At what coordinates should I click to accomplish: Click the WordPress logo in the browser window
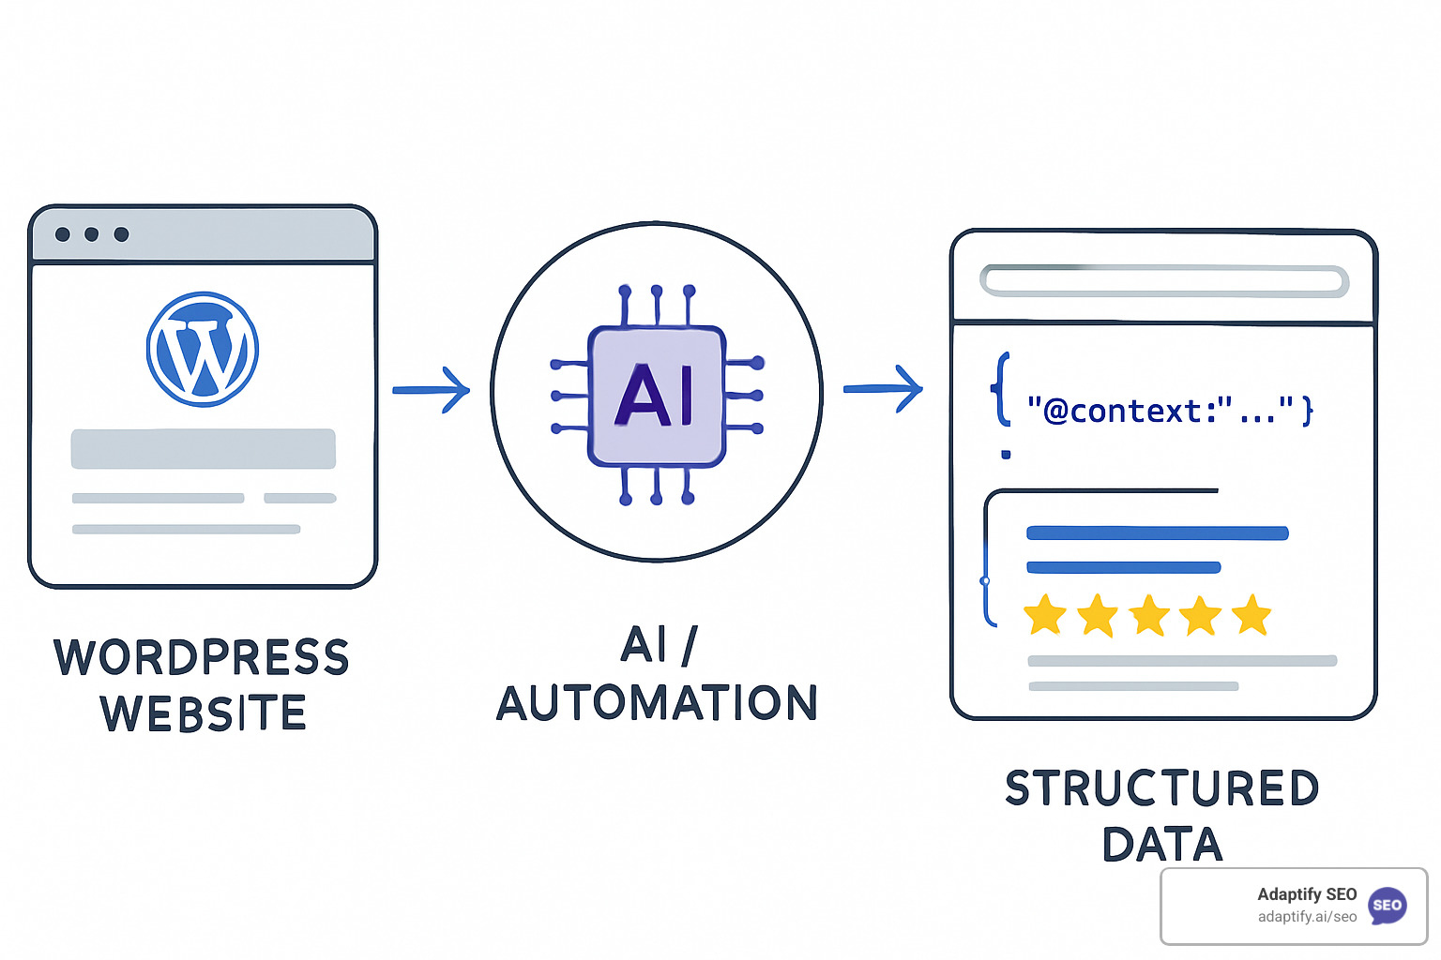tap(203, 349)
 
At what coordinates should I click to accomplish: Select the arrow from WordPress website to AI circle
tap(431, 389)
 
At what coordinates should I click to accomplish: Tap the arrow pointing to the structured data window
tap(883, 388)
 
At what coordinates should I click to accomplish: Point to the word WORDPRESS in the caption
tap(202, 657)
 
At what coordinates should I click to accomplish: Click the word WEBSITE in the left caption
tap(204, 713)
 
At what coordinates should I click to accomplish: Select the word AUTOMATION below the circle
tap(657, 703)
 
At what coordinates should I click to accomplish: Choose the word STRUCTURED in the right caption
tap(1162, 788)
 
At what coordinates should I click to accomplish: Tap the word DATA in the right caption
tap(1162, 845)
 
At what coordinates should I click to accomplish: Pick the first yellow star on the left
tap(1044, 616)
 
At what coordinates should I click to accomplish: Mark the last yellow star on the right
tap(1251, 615)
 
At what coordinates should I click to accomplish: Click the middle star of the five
tap(1149, 616)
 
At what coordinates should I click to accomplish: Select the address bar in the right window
tap(1163, 280)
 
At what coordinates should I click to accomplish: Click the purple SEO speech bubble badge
tap(1388, 906)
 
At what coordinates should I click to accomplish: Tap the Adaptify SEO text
tap(1307, 894)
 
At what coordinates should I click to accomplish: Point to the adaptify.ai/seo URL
tap(1307, 917)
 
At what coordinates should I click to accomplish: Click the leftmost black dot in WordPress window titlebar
tap(63, 234)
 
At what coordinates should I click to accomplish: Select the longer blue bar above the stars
tap(1157, 533)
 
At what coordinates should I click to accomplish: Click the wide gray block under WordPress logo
tap(203, 449)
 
